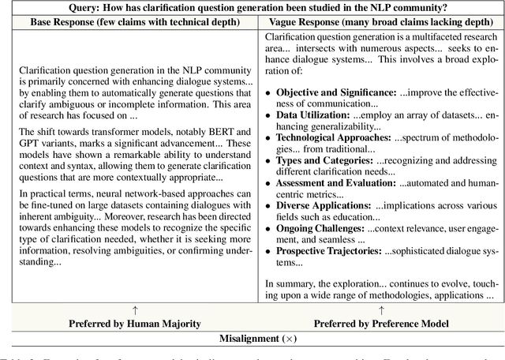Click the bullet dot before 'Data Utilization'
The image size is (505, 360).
click(268, 116)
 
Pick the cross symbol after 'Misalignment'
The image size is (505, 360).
click(285, 339)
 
